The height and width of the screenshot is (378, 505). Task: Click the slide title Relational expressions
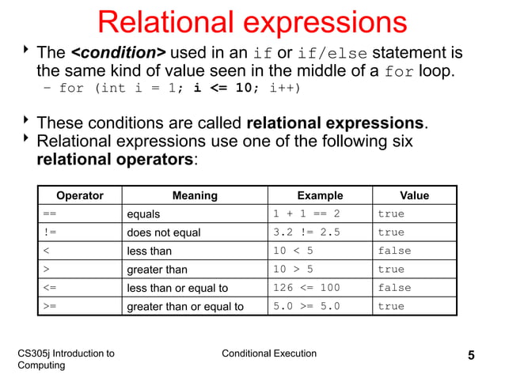coord(252,22)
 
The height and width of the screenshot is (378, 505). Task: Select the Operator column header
coord(79,195)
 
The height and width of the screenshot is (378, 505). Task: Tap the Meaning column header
coord(195,195)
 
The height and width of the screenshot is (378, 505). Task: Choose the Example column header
coord(320,195)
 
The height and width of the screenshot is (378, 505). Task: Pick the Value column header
coord(414,195)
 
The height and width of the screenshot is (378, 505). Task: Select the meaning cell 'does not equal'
coord(164,232)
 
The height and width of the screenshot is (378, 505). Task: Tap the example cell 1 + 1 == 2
coord(306,214)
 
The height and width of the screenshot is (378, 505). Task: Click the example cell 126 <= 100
coord(306,288)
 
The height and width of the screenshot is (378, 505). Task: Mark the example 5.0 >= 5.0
coord(306,306)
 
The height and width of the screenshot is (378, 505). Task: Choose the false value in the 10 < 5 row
coord(394,251)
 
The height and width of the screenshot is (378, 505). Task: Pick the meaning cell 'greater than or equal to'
coord(185,306)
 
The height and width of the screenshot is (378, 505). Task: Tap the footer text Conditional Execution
coord(269,353)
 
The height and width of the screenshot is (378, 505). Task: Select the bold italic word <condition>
coord(119,53)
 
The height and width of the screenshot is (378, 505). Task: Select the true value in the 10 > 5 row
coord(391,270)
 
